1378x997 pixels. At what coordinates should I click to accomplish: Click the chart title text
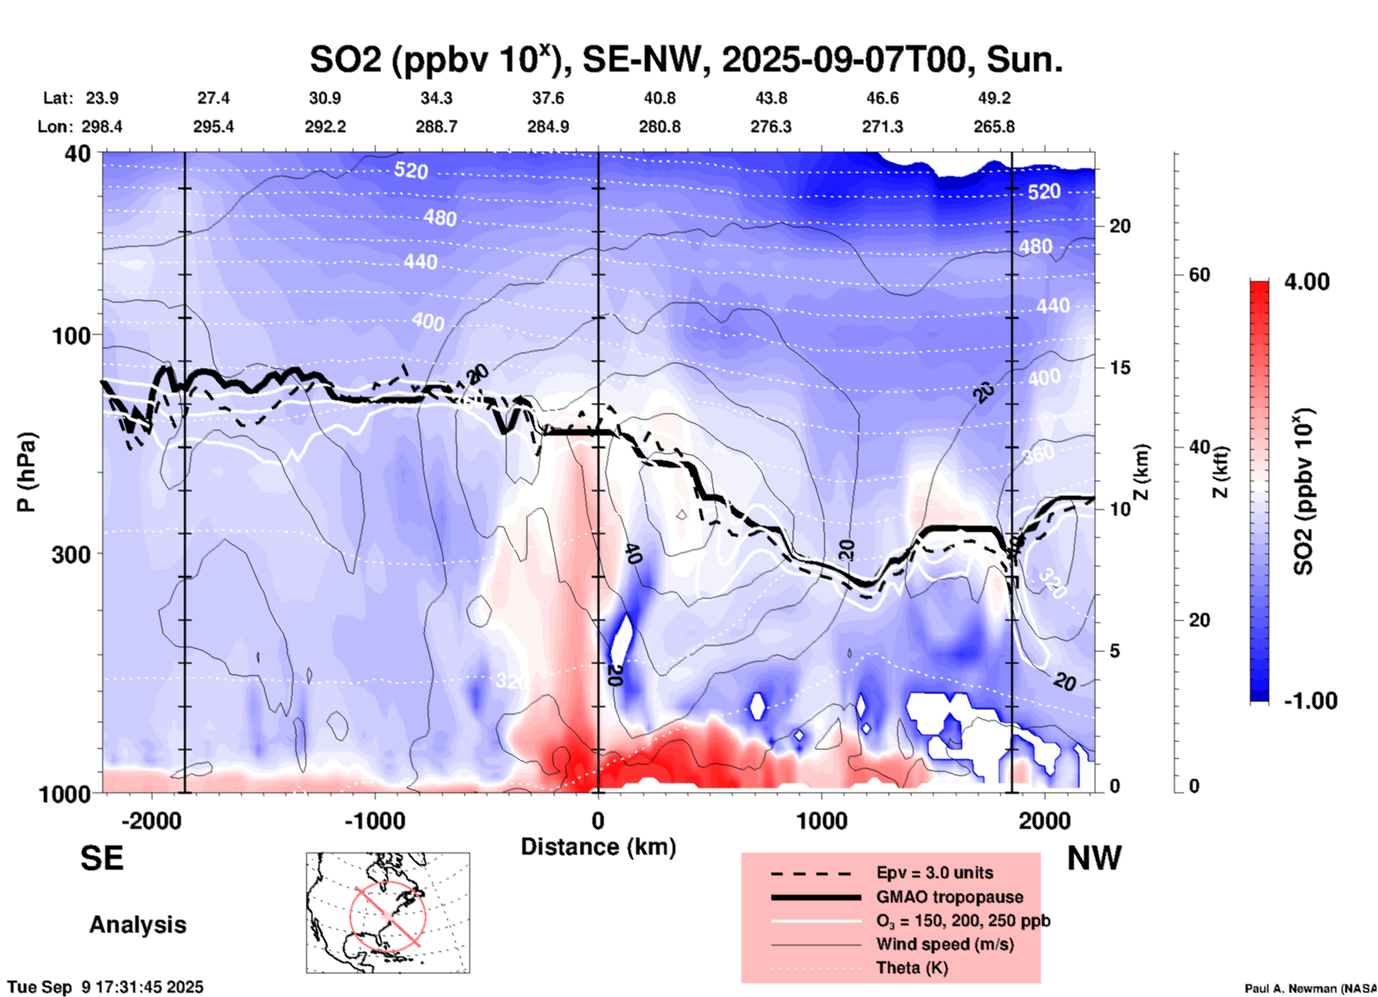click(685, 59)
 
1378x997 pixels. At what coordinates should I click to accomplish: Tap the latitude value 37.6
click(548, 98)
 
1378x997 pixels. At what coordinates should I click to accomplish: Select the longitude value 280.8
click(659, 127)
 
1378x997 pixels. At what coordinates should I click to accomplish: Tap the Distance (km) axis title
click(598, 847)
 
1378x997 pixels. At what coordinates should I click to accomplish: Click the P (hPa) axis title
click(26, 472)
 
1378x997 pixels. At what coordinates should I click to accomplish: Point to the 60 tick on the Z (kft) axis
click(1199, 275)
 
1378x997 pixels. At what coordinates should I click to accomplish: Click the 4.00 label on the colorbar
click(1306, 282)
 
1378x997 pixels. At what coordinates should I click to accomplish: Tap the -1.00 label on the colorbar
click(1310, 700)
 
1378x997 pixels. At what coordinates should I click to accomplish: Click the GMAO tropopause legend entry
click(949, 897)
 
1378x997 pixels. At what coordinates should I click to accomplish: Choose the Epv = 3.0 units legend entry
click(934, 873)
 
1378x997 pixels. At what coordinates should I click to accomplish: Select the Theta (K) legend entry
click(912, 968)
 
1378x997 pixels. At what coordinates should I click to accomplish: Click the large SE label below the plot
click(102, 858)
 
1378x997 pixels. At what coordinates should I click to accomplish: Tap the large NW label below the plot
click(1094, 858)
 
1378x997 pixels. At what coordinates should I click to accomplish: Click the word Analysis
click(137, 925)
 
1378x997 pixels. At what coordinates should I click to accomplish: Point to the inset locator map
click(388, 913)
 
